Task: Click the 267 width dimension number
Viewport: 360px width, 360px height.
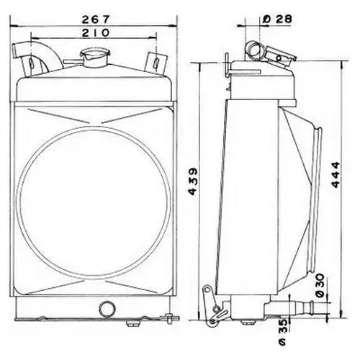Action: (96, 19)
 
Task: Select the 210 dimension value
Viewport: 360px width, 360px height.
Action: (96, 32)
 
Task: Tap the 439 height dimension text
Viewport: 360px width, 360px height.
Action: (193, 181)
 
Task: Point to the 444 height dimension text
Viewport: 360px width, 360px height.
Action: (336, 174)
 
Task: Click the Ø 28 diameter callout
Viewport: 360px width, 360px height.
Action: (277, 19)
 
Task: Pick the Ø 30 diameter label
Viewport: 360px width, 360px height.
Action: (320, 286)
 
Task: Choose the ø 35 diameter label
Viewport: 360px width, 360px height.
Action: (283, 333)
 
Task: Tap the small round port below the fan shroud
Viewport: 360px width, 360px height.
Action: (107, 309)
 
